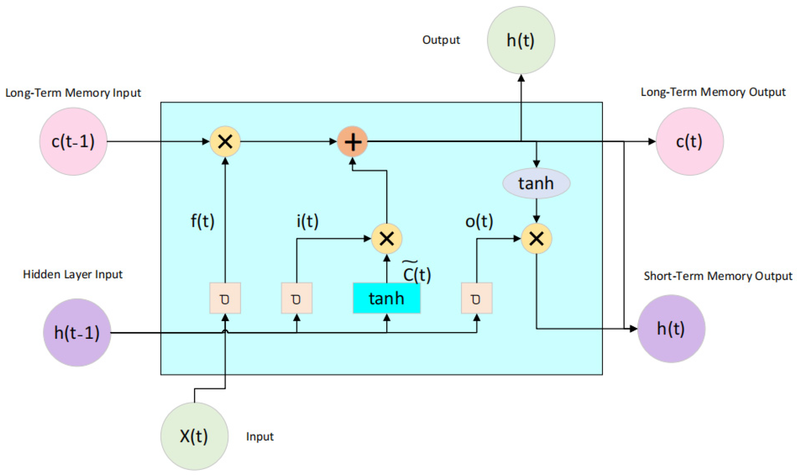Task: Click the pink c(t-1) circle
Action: tap(73, 141)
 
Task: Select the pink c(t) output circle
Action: tap(690, 141)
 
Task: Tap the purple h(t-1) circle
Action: tap(77, 332)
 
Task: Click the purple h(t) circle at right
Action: tap(671, 329)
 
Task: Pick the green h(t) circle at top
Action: tap(521, 40)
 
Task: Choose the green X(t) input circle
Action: tap(194, 436)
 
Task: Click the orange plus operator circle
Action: tap(352, 141)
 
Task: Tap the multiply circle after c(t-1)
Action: tap(225, 141)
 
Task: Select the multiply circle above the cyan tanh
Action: tap(387, 238)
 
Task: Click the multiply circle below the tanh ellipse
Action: tap(536, 238)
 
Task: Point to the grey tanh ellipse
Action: tap(536, 183)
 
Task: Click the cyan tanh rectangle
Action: tap(386, 298)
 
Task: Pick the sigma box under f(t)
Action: tap(225, 298)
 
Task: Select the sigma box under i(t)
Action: tap(297, 298)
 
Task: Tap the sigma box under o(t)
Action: tap(476, 298)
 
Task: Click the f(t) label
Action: tap(202, 221)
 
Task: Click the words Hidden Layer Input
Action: tap(73, 274)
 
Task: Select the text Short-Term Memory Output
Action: tap(718, 276)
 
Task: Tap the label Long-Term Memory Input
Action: tap(73, 93)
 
